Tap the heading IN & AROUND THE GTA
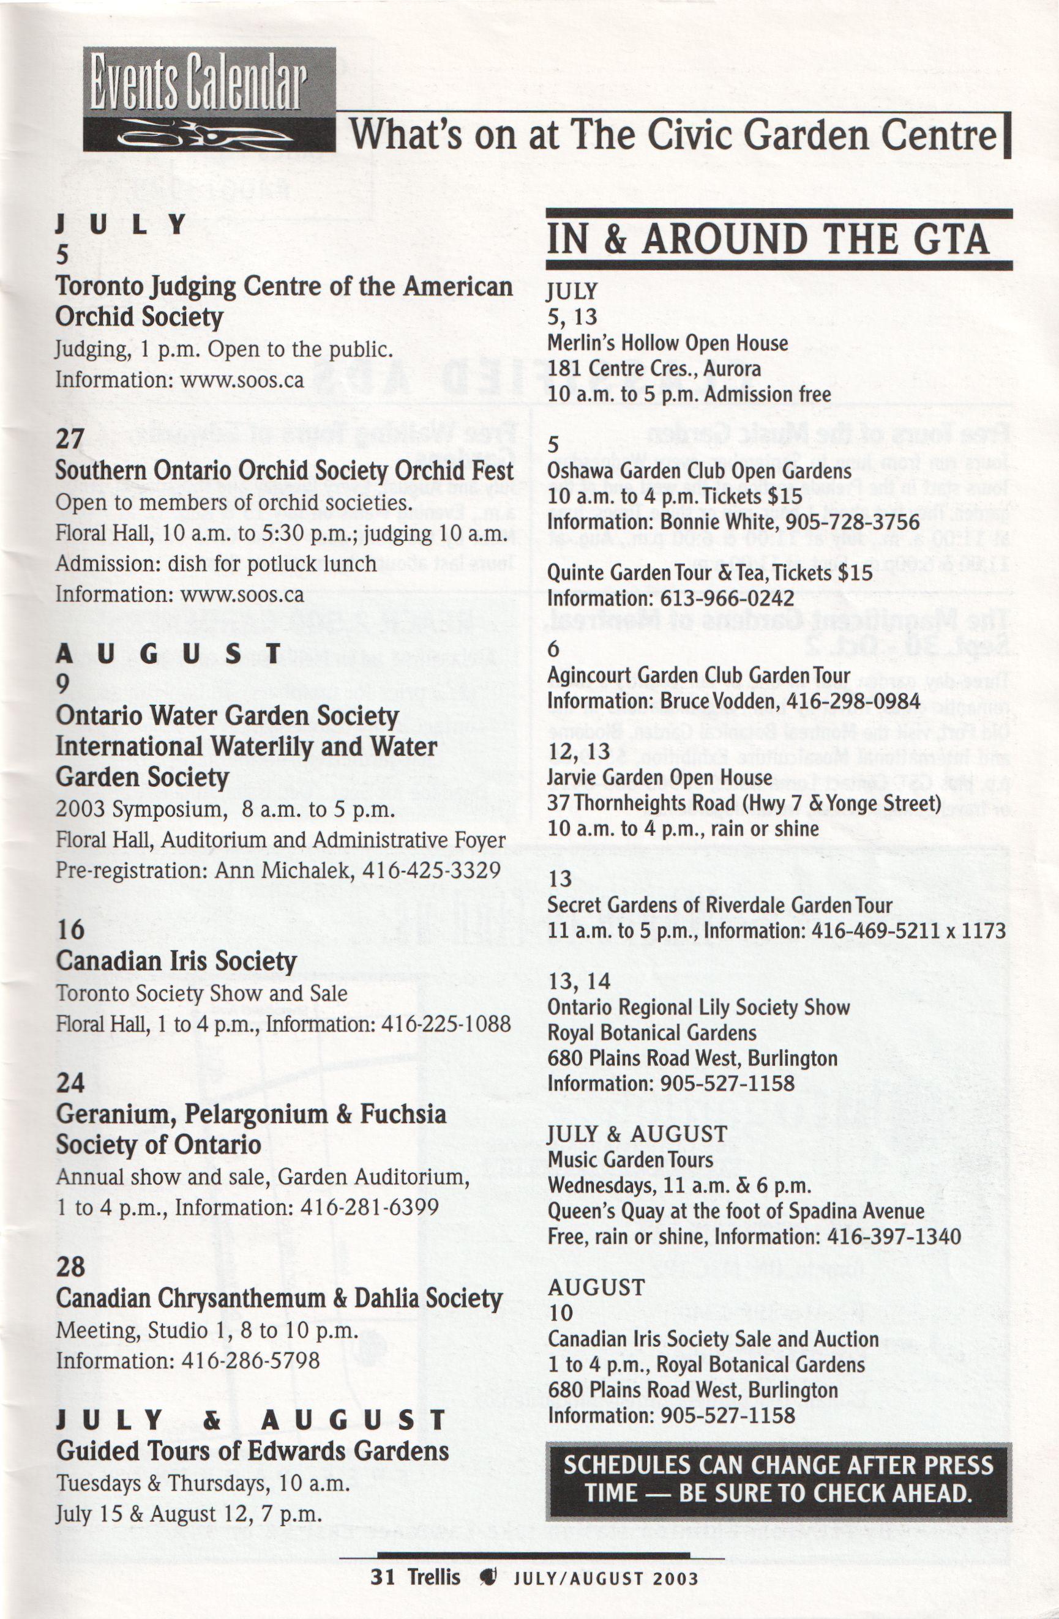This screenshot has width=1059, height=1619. pos(767,239)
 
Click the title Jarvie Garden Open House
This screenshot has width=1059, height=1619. pos(659,777)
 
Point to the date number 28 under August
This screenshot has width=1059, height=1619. pos(71,1266)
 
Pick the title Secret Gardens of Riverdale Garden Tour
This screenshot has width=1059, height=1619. pos(719,905)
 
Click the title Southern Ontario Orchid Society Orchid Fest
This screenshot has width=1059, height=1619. pos(285,470)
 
